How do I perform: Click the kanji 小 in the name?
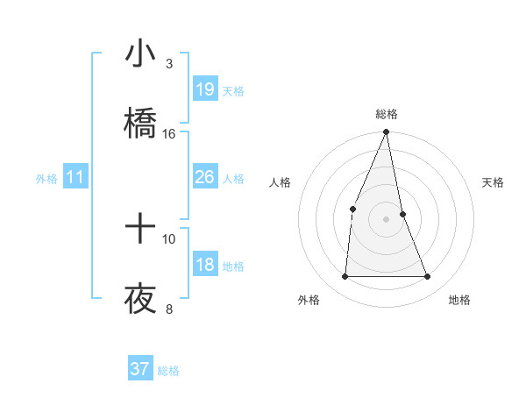pos(140,54)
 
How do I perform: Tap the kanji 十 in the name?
pos(140,230)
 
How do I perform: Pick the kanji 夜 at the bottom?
pos(140,300)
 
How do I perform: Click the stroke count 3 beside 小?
pos(169,63)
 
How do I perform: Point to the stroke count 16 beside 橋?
pos(169,133)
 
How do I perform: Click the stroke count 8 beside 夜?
pos(169,309)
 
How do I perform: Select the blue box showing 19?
pos(205,89)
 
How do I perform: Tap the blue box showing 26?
pos(205,178)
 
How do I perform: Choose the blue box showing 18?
pos(205,265)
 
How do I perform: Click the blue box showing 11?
pos(75,178)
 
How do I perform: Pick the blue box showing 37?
pos(140,369)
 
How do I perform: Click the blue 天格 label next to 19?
pos(233,90)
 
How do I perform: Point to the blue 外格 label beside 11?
pos(46,179)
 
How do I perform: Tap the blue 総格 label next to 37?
pos(168,370)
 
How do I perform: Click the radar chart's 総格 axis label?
pos(386,114)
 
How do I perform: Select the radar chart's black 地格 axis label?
pos(459,300)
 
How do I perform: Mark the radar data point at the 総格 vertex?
pos(386,132)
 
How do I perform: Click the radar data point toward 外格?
pos(345,277)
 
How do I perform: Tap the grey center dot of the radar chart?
pos(386,218)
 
